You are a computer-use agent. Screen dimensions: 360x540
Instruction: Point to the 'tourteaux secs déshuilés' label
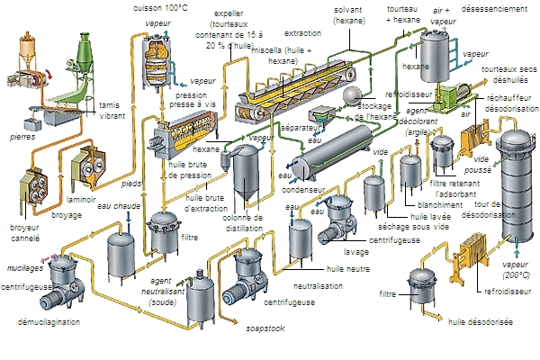coord(508,74)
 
